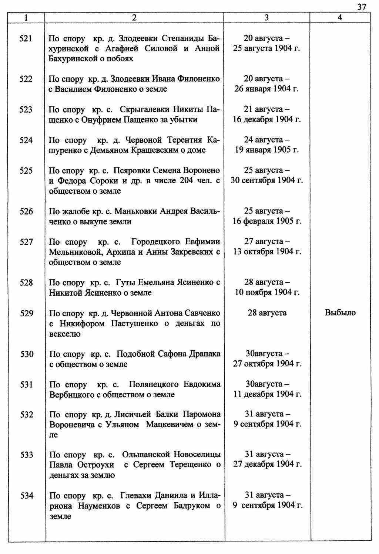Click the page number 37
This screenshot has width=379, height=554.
click(362, 7)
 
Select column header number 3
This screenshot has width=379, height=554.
click(266, 17)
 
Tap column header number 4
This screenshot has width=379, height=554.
click(340, 17)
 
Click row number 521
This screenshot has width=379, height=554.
click(26, 38)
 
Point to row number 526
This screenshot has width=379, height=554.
click(26, 211)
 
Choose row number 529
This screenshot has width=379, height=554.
click(26, 313)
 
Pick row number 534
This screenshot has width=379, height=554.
click(27, 496)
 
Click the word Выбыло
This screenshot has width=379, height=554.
click(340, 313)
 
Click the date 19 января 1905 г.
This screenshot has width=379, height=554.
click(266, 150)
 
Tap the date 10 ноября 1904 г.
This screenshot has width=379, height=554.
click(266, 293)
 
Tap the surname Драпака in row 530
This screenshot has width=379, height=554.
click(205, 354)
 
